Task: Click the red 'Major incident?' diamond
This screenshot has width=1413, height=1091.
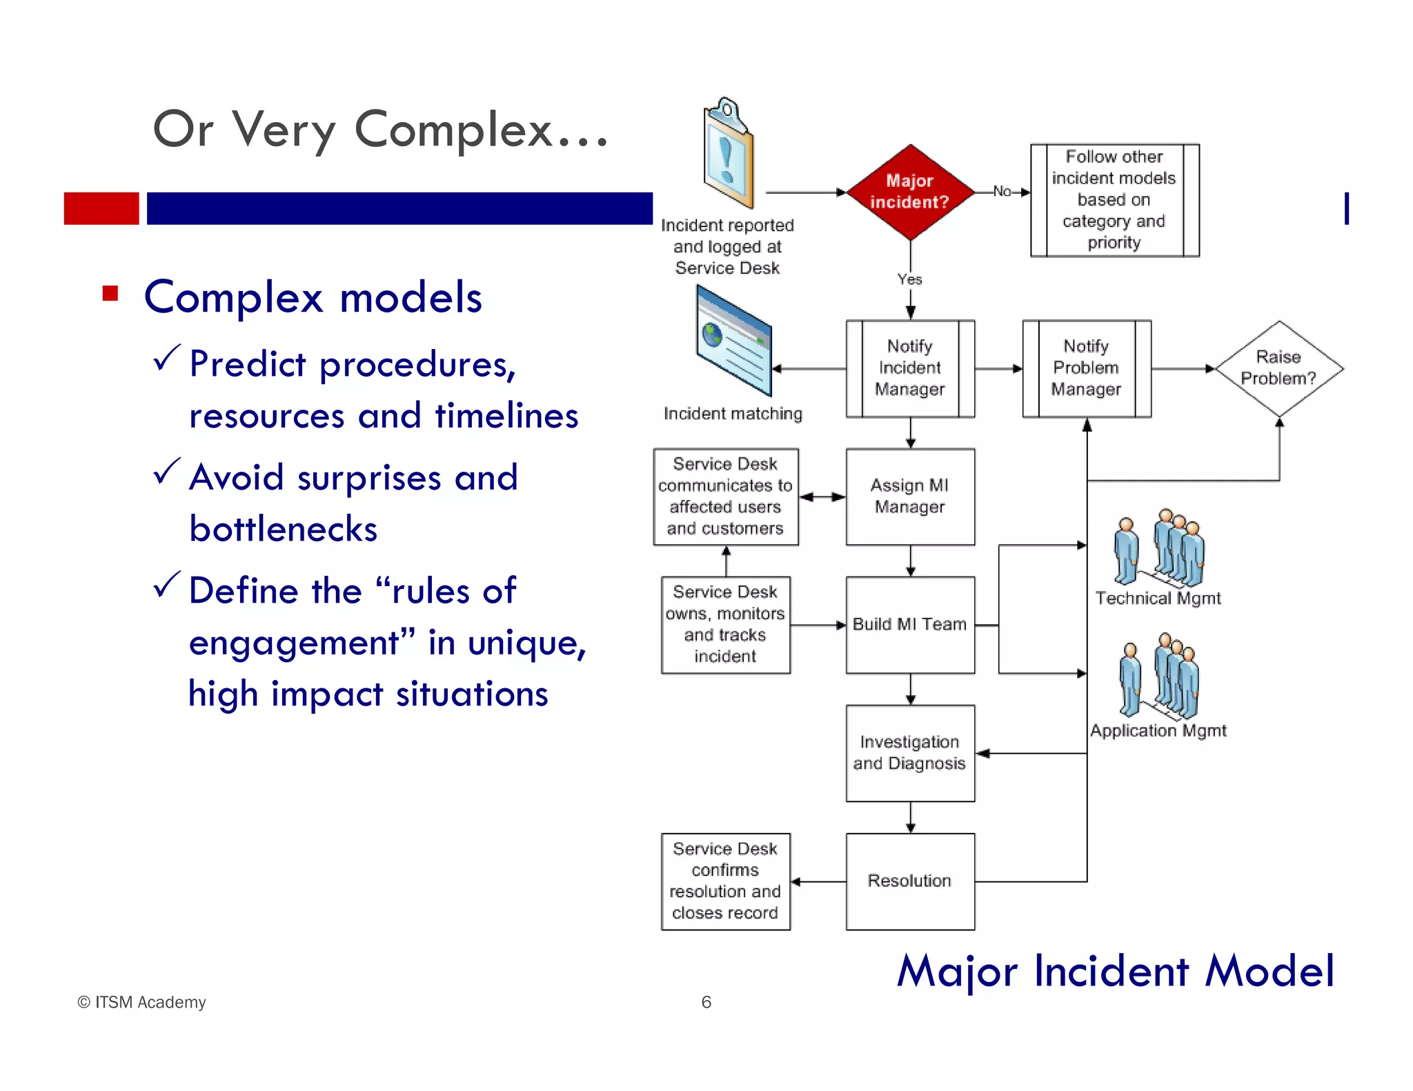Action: pos(910,192)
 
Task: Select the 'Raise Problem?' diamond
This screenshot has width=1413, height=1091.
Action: pos(1278,368)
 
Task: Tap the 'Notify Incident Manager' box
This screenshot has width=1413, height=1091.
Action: pos(910,368)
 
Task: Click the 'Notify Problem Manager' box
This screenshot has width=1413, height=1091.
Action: pos(1086,368)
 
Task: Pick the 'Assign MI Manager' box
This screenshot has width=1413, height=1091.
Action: pos(910,497)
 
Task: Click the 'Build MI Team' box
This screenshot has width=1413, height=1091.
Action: pos(910,625)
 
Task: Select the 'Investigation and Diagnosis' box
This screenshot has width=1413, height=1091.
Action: pos(910,753)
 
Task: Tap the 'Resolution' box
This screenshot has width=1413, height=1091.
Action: pos(910,881)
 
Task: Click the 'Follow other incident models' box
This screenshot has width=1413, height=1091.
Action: pos(1114,200)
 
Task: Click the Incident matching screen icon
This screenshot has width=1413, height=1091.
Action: pos(733,341)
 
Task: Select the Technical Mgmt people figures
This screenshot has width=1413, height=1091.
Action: pos(1159,548)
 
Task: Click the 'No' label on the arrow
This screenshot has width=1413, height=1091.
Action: pos(1002,192)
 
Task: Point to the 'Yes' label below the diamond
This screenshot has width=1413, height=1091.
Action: pos(909,279)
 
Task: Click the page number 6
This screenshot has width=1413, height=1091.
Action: pos(706,1002)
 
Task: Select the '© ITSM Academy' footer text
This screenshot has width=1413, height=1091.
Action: pos(141,1002)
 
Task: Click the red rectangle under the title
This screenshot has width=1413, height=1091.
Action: pos(101,208)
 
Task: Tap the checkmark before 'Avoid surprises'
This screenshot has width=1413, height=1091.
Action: pos(166,472)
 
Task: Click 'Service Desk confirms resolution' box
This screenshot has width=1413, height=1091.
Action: pos(725,881)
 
